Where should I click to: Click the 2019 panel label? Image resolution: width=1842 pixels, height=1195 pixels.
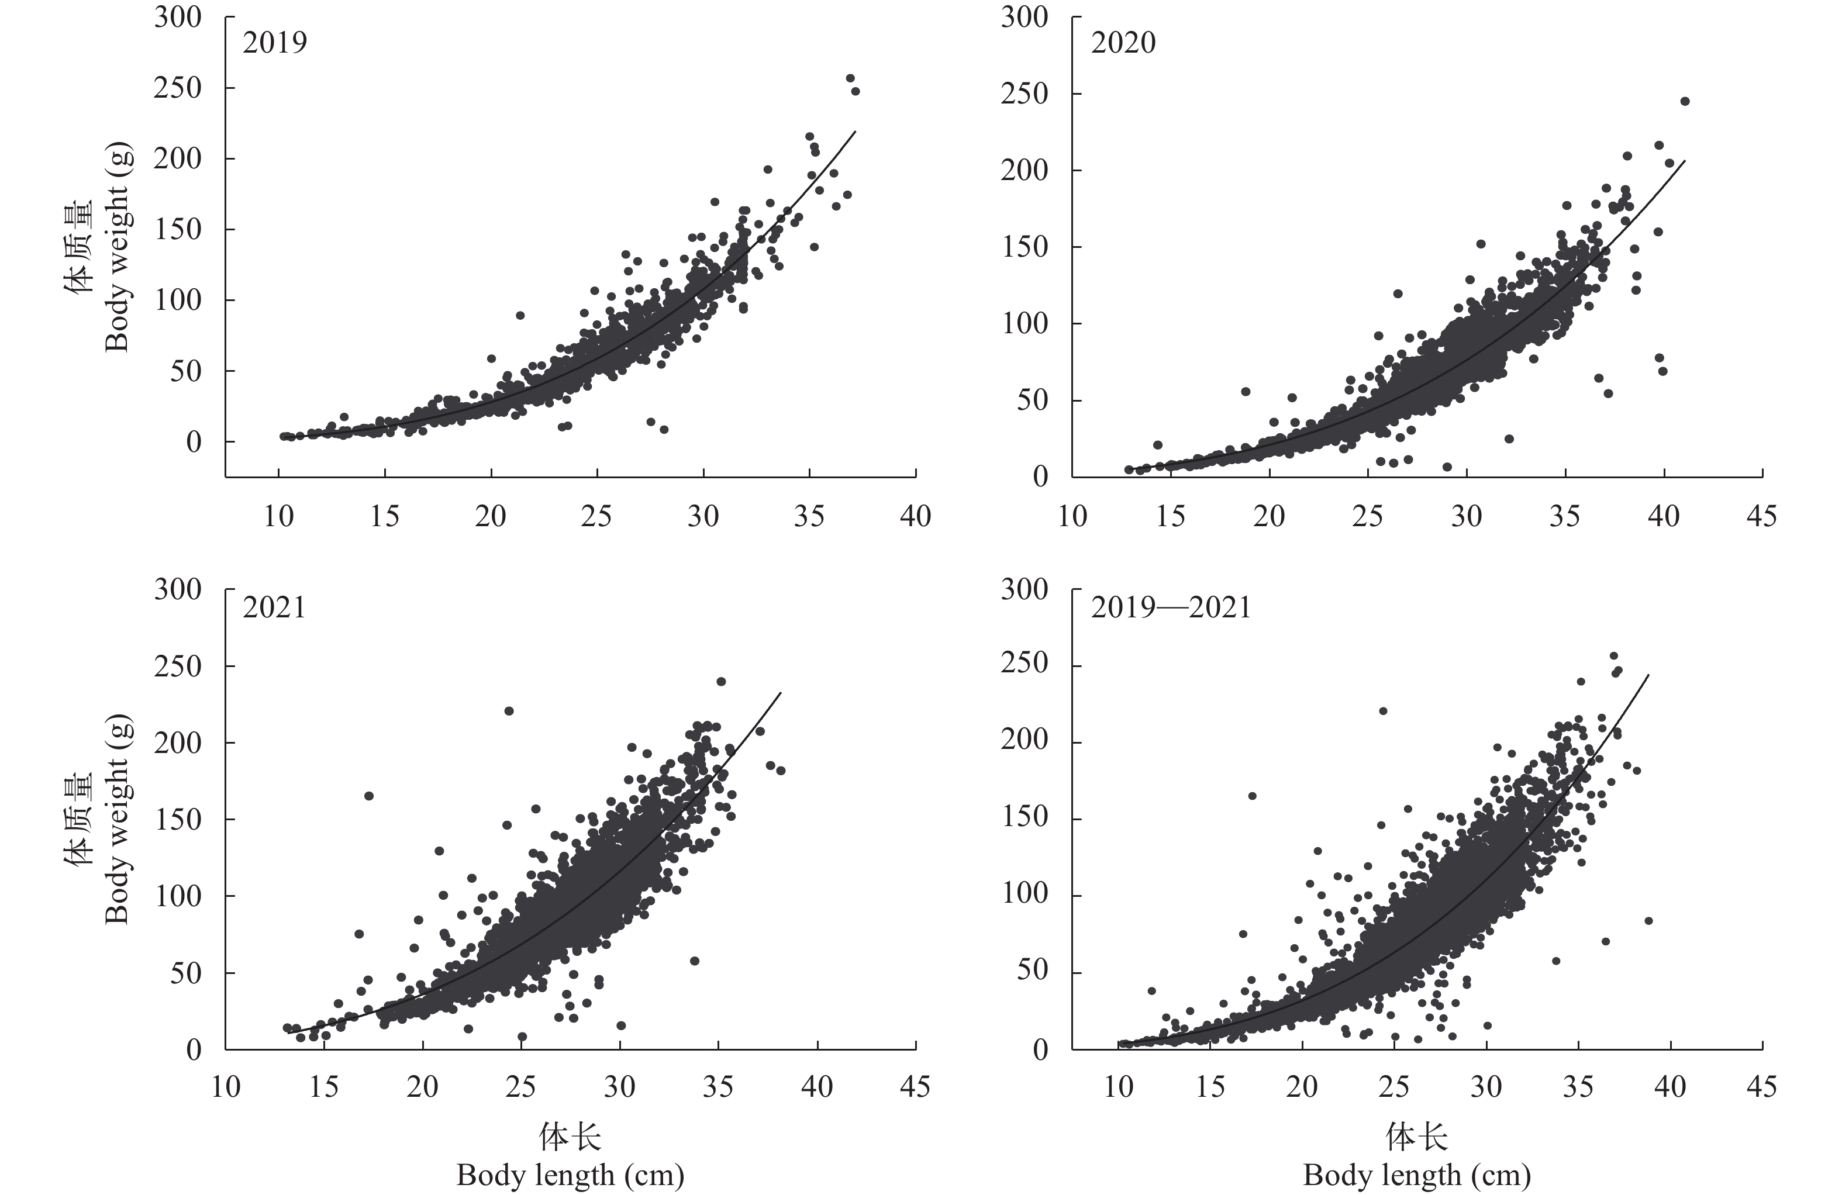click(x=275, y=43)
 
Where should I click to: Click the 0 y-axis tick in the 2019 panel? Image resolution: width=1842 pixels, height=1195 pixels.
click(x=194, y=442)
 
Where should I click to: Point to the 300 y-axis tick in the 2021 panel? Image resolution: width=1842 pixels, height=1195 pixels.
click(x=177, y=590)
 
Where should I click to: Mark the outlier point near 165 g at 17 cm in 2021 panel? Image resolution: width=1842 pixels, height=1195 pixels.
click(x=369, y=796)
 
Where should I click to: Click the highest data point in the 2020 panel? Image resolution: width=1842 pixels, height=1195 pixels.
click(x=1685, y=101)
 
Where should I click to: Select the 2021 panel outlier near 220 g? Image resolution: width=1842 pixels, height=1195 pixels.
click(x=509, y=710)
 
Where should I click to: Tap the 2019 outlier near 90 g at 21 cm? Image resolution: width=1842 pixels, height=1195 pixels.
click(x=520, y=315)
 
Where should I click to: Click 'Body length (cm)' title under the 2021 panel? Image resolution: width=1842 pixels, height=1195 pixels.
click(x=570, y=1175)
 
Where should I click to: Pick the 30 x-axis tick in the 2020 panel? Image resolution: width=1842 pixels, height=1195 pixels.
click(x=1466, y=516)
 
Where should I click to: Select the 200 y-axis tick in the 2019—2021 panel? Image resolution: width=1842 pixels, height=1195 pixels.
click(x=1024, y=741)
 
